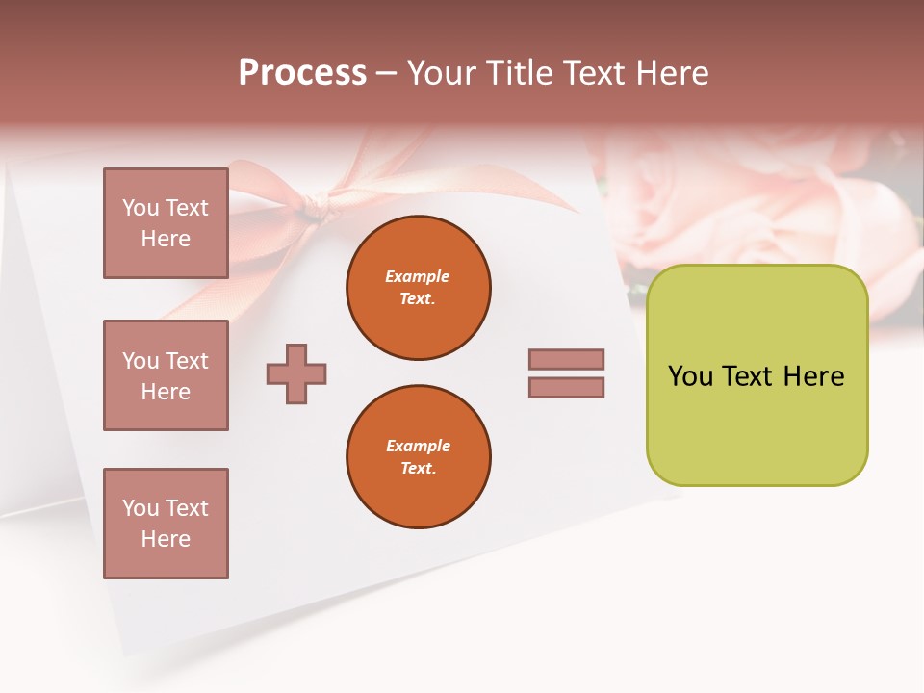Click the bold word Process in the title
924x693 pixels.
(302, 73)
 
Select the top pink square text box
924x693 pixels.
(166, 223)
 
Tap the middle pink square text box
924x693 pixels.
(166, 375)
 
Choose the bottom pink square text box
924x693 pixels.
(166, 524)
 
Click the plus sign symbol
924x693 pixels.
(296, 373)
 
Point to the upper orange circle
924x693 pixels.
(419, 288)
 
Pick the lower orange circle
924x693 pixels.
(419, 457)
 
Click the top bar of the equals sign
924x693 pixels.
(567, 359)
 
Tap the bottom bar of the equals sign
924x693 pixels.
(567, 387)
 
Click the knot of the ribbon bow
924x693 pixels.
(315, 204)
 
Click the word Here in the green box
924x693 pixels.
(813, 376)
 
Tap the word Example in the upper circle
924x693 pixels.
(418, 276)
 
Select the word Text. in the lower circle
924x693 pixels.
(418, 469)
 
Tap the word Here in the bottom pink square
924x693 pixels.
(166, 539)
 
